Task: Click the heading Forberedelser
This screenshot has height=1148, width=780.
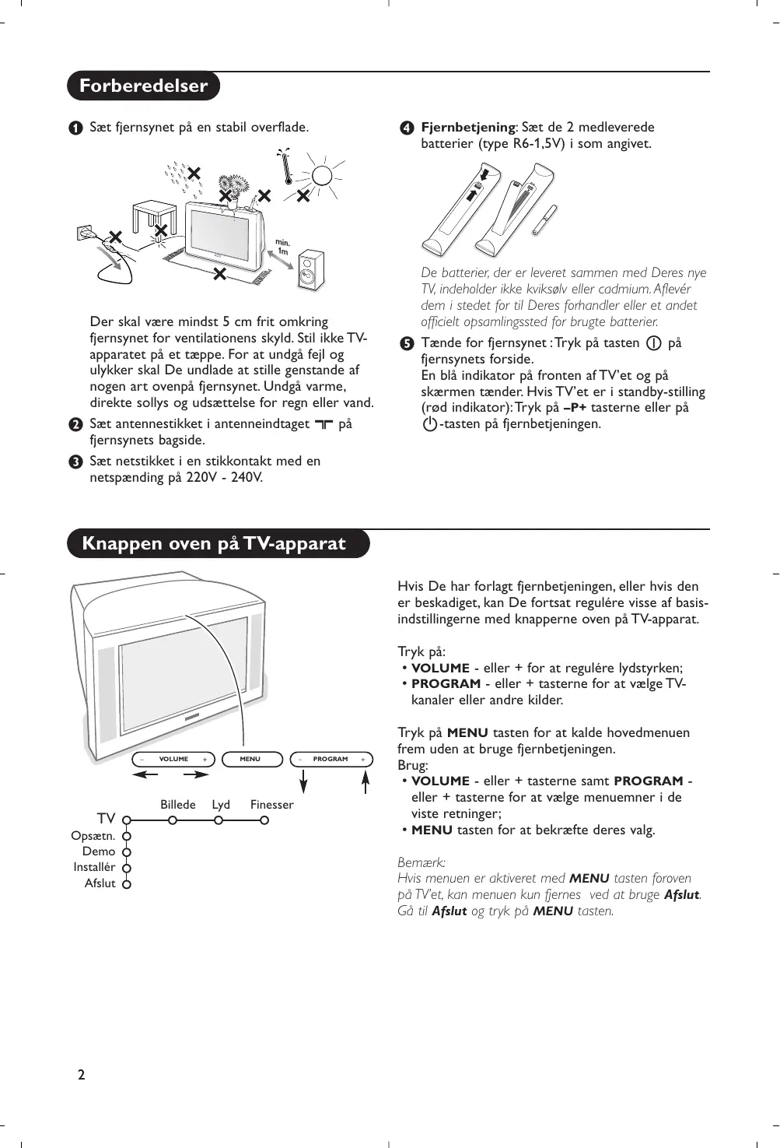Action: click(143, 86)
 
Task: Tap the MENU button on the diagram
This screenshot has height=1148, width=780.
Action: click(250, 759)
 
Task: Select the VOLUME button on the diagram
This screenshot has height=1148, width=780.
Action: click(173, 759)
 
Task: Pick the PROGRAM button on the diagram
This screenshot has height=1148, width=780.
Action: click(331, 759)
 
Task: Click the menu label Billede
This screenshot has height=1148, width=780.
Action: click(178, 805)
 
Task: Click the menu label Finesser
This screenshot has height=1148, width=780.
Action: click(271, 805)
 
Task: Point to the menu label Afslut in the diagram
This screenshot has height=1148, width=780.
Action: click(100, 883)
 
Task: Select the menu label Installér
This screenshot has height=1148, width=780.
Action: click(94, 867)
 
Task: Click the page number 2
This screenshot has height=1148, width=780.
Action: click(81, 1075)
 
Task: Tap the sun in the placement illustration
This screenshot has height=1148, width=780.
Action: click(323, 175)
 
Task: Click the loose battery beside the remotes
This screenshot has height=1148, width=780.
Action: click(544, 219)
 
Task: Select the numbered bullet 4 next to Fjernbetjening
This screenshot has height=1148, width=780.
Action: click(405, 128)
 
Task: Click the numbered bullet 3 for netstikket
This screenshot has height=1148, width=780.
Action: click(74, 462)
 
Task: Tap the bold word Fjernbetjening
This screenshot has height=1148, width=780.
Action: click(467, 127)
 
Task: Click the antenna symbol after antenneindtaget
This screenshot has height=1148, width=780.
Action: click(324, 424)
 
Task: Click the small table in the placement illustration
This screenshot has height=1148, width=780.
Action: click(152, 214)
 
